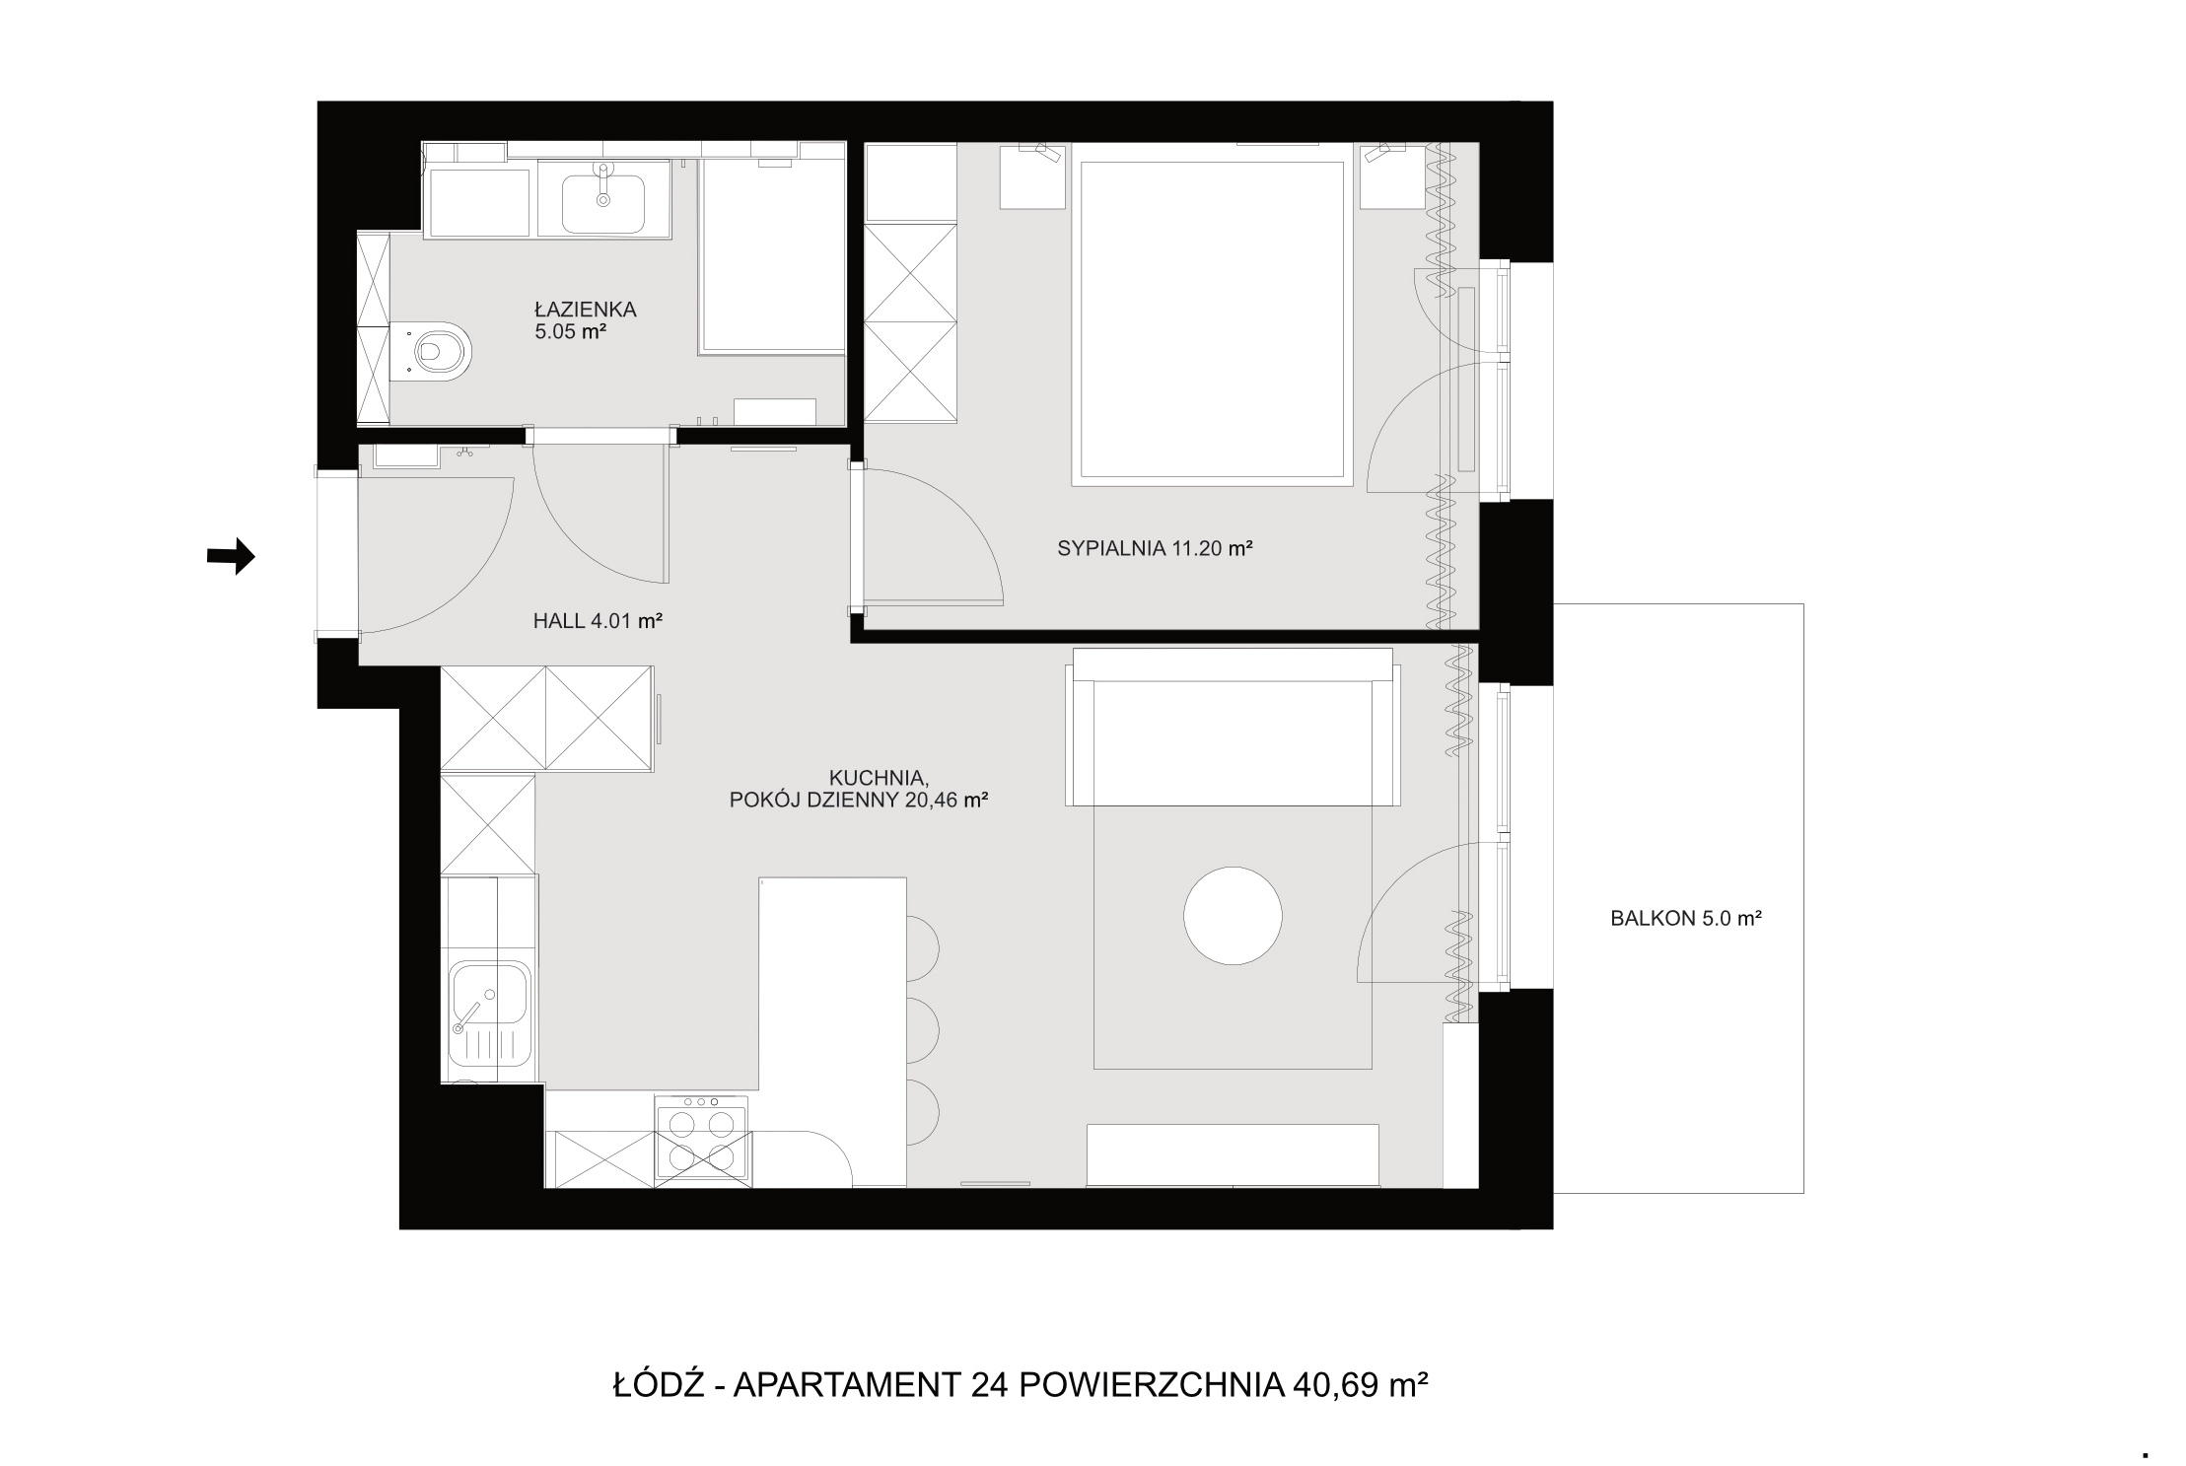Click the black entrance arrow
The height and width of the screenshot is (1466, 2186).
pyautogui.click(x=231, y=557)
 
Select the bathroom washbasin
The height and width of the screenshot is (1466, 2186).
pyautogui.click(x=603, y=200)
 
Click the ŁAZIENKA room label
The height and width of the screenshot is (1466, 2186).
pyautogui.click(x=586, y=310)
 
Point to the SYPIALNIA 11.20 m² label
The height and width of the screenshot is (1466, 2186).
pyautogui.click(x=1155, y=549)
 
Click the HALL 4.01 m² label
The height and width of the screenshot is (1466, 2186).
pyautogui.click(x=598, y=621)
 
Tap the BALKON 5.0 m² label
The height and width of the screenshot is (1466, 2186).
pyautogui.click(x=1686, y=918)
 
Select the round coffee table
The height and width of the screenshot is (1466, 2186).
pyautogui.click(x=1233, y=915)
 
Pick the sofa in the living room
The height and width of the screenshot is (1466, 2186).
pyautogui.click(x=1233, y=727)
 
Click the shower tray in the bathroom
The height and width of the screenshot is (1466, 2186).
pyautogui.click(x=772, y=254)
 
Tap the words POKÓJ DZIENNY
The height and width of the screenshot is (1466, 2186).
pyautogui.click(x=815, y=801)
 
